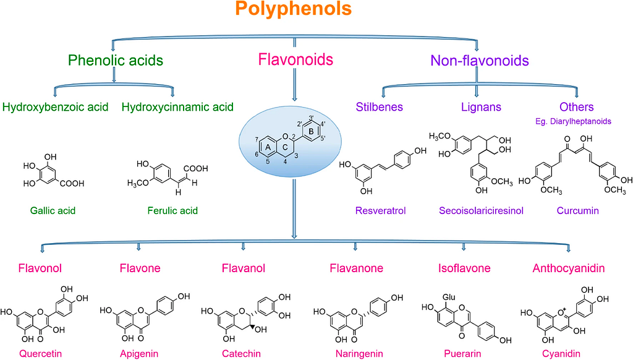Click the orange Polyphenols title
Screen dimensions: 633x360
point(294,9)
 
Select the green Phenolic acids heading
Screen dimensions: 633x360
point(116,60)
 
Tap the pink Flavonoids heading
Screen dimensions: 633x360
point(295,59)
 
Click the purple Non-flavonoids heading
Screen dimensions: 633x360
point(480,61)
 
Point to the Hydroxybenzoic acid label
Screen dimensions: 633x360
point(55,107)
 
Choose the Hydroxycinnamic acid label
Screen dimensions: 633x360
point(177,107)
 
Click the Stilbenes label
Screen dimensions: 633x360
point(379,106)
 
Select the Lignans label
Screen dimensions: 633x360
point(481,107)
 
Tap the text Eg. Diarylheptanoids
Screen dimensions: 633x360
point(573,121)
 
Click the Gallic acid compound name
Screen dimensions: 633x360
point(53,210)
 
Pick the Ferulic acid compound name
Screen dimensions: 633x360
point(172,210)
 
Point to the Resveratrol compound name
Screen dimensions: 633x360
point(380,210)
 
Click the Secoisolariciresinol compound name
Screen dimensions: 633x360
point(481,210)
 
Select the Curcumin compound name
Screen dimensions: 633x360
point(578,210)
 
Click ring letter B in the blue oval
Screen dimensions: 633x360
point(311,131)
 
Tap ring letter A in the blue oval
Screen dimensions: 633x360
point(268,148)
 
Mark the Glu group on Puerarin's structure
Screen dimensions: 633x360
point(449,298)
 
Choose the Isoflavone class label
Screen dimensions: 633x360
point(464,268)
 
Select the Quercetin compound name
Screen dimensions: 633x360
point(40,354)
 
